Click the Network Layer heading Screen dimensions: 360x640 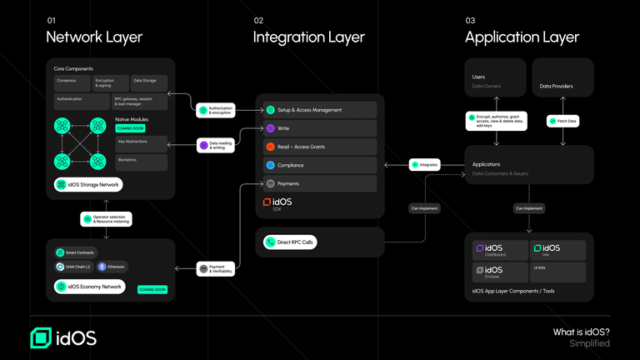pyautogui.click(x=93, y=37)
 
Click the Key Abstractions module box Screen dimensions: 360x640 pyautogui.click(x=141, y=143)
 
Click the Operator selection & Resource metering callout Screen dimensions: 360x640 pyautogui.click(x=106, y=219)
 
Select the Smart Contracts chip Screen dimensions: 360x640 pyautogui.click(x=76, y=252)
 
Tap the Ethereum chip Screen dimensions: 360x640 pyautogui.click(x=112, y=267)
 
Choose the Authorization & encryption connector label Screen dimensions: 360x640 pyautogui.click(x=216, y=110)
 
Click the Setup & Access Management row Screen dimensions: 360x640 pyautogui.click(x=320, y=110)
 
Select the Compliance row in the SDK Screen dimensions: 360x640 pyautogui.click(x=320, y=165)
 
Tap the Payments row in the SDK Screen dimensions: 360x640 pyautogui.click(x=320, y=183)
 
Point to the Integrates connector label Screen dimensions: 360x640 pyautogui.click(x=424, y=165)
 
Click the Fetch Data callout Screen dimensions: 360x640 pyautogui.click(x=562, y=121)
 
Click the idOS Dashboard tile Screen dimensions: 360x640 pyautogui.click(x=500, y=250)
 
